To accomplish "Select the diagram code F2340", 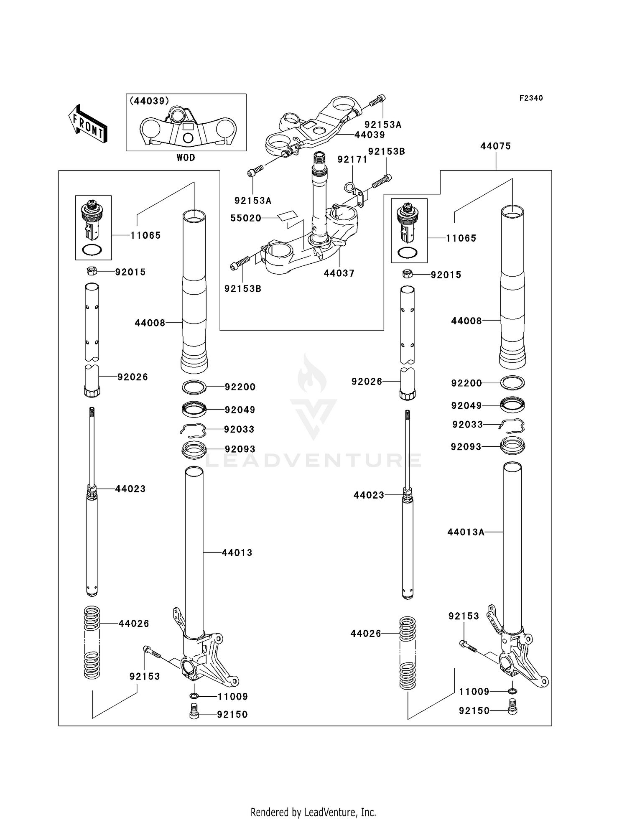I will [x=531, y=98].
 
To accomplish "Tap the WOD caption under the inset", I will [x=186, y=158].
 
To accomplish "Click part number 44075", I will [x=496, y=146].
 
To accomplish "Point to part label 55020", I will [x=246, y=218].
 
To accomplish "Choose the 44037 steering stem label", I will [x=339, y=273].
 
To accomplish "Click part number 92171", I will [x=352, y=160].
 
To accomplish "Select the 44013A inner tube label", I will [x=466, y=532].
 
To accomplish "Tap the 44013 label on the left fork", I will [x=237, y=553].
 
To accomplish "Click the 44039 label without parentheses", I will [x=370, y=135].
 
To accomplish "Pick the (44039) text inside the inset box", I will [x=150, y=101].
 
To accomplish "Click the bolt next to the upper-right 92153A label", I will [x=377, y=100].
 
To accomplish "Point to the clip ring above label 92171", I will [x=349, y=187].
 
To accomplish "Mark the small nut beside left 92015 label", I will [x=92, y=271].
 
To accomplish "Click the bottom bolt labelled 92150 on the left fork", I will [x=194, y=711].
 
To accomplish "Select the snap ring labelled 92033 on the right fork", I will [x=512, y=425].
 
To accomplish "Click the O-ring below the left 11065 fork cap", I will [x=92, y=250].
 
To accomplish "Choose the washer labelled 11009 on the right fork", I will [x=513, y=691].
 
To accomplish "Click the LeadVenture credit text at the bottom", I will [x=313, y=812].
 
